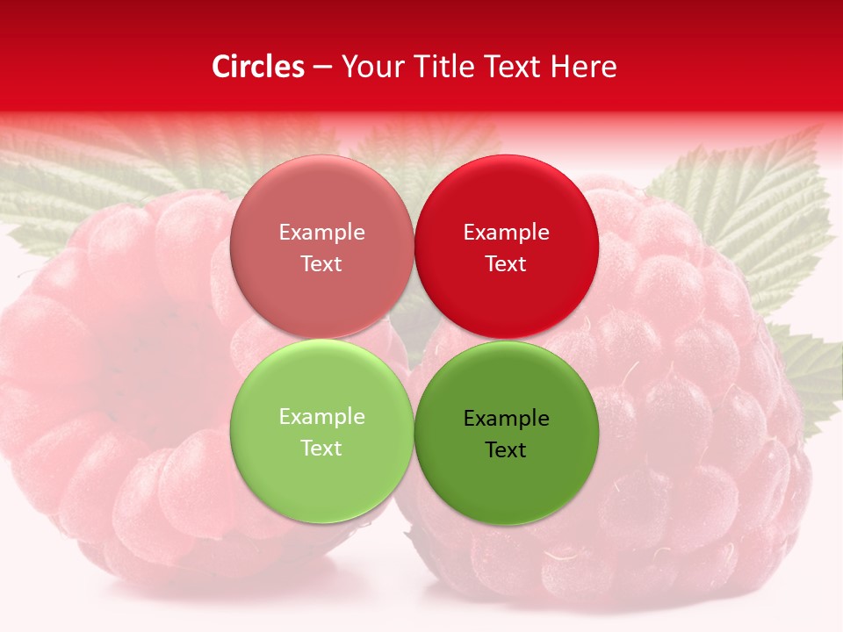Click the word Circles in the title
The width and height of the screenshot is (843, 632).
(x=257, y=67)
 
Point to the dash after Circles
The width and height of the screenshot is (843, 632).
(x=321, y=68)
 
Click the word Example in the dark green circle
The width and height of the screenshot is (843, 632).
(x=506, y=419)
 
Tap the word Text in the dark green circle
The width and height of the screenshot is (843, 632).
(x=506, y=450)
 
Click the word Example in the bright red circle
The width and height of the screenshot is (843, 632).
(x=506, y=233)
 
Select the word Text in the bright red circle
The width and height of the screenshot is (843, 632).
(x=506, y=264)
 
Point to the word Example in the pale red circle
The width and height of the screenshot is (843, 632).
(x=321, y=233)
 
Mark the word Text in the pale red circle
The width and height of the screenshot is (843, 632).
(x=321, y=264)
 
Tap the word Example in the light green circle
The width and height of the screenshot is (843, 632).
(x=321, y=417)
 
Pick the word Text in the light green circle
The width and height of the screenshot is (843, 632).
(x=321, y=449)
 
